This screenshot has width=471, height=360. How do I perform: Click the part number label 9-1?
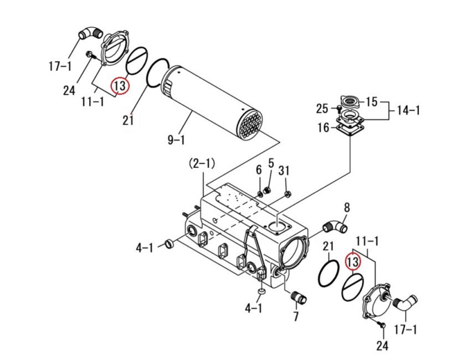176,140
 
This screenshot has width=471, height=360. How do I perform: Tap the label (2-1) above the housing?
202,163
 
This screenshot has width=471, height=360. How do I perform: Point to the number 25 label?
322,109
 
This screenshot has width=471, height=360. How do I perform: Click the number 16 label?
323,128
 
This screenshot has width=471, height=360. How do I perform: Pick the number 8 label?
347,208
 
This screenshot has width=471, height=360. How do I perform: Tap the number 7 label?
296,317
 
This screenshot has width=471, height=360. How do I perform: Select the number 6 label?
258,170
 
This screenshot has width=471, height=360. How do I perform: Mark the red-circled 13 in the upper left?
120,86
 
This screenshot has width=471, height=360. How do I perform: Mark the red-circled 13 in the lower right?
353,261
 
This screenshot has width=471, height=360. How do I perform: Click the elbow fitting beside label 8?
335,227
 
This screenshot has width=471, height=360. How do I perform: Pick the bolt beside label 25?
337,109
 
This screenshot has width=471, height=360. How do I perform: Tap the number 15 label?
371,102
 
